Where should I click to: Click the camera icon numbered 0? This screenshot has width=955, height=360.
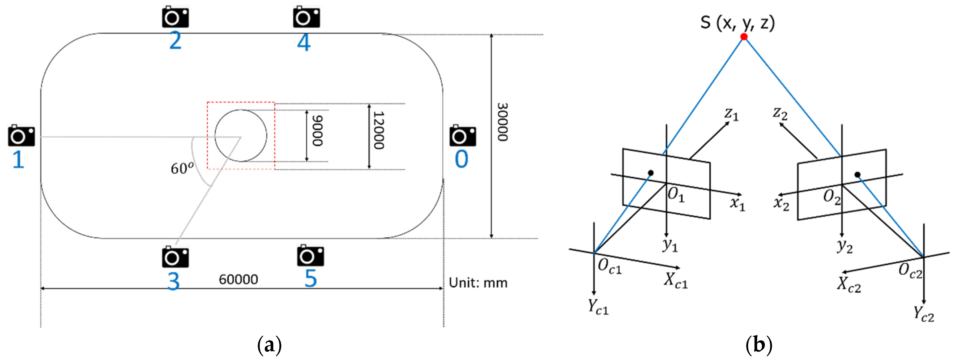463,136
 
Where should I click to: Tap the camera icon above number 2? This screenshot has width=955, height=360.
175,17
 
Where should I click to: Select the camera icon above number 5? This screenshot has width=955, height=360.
310,256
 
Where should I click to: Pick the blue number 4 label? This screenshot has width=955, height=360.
304,43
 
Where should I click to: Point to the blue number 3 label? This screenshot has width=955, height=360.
173,281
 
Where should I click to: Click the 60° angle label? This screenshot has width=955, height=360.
182,168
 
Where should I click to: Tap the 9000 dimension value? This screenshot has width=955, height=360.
317,131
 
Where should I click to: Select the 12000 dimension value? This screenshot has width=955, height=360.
378,131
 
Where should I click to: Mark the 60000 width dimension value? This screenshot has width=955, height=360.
238,280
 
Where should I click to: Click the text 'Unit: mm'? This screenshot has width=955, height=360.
478,283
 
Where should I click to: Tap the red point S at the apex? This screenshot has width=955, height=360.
744,36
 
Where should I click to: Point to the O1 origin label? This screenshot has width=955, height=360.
676,195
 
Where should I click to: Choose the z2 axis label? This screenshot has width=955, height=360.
780,113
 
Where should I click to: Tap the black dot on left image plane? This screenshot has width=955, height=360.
650,173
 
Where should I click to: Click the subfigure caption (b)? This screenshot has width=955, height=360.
758,345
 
